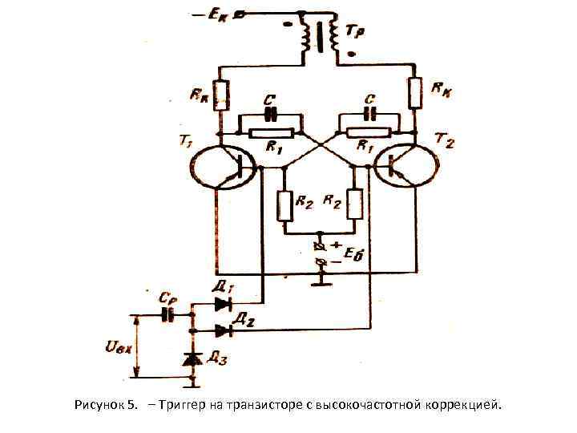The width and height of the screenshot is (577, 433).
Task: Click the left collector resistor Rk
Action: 221,95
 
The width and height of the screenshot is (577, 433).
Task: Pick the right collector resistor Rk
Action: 414,93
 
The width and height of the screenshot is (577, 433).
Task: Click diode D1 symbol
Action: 222,304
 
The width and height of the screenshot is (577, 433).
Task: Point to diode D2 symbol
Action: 222,330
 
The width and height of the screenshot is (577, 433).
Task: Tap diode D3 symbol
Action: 192,360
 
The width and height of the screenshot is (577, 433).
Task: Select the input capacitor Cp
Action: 168,314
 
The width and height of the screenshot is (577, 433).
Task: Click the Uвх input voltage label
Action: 118,348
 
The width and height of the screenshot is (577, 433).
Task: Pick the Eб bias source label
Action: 353,255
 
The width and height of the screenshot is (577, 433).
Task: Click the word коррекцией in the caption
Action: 465,405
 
